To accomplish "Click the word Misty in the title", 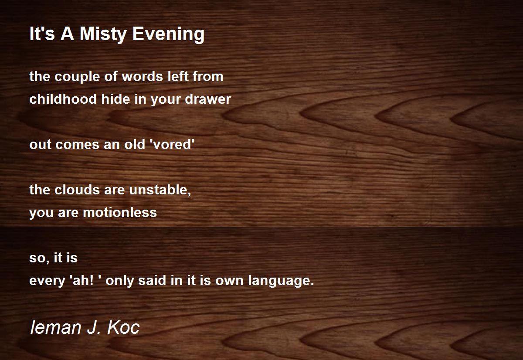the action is (x=103, y=34).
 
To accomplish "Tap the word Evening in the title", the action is (x=168, y=34).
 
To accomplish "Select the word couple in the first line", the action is (x=77, y=77).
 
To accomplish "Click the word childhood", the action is (x=63, y=99).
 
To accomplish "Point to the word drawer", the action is (x=208, y=99).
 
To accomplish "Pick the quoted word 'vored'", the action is (x=173, y=144).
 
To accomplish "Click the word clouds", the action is (x=77, y=190).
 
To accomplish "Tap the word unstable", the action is (x=160, y=190).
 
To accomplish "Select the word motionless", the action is (x=120, y=212).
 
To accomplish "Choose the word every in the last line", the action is (x=47, y=281).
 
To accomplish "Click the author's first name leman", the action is (x=56, y=327).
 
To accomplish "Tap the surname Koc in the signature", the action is (x=123, y=327).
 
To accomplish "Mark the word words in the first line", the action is (x=143, y=76).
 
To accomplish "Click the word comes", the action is (x=78, y=145).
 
